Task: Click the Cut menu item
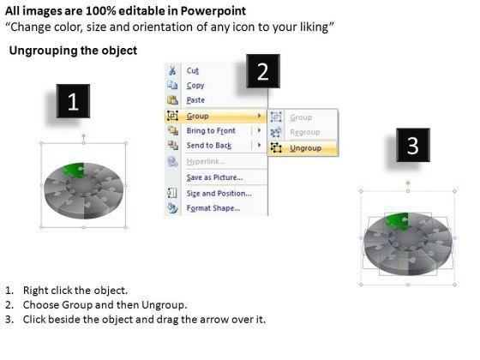(192, 70)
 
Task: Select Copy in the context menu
(195, 86)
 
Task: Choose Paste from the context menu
(195, 100)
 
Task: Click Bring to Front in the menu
(211, 130)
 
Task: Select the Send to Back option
(209, 146)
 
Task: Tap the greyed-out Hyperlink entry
(206, 161)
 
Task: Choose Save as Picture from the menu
(214, 177)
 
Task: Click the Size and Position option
(219, 194)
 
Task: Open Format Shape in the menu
(213, 208)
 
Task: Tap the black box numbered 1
(73, 101)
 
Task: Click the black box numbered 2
(263, 71)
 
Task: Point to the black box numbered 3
(413, 145)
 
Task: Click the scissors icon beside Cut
(172, 70)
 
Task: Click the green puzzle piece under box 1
(74, 170)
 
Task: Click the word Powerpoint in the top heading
(213, 11)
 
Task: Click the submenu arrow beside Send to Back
(259, 145)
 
